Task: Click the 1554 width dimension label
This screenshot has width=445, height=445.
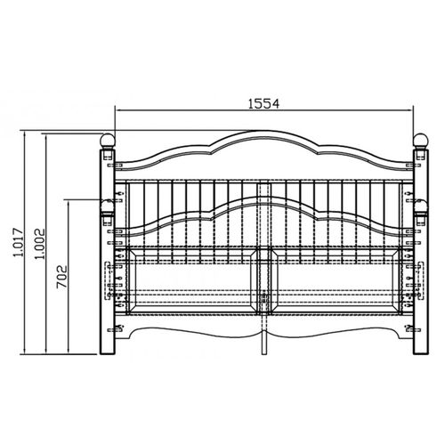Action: tap(263, 103)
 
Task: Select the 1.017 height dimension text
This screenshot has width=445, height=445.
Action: tap(18, 242)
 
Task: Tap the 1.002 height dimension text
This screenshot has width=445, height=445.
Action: tap(39, 244)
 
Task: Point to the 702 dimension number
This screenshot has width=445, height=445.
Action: tap(61, 278)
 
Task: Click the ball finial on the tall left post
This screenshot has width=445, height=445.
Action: tap(107, 141)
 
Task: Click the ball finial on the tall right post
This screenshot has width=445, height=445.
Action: tap(420, 141)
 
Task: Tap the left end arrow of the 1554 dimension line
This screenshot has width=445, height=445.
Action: tap(117, 110)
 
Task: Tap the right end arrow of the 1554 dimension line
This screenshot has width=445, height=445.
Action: tap(410, 110)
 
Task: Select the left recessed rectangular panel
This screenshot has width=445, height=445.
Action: tap(192, 280)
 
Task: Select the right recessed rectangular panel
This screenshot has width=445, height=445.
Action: tap(336, 280)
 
